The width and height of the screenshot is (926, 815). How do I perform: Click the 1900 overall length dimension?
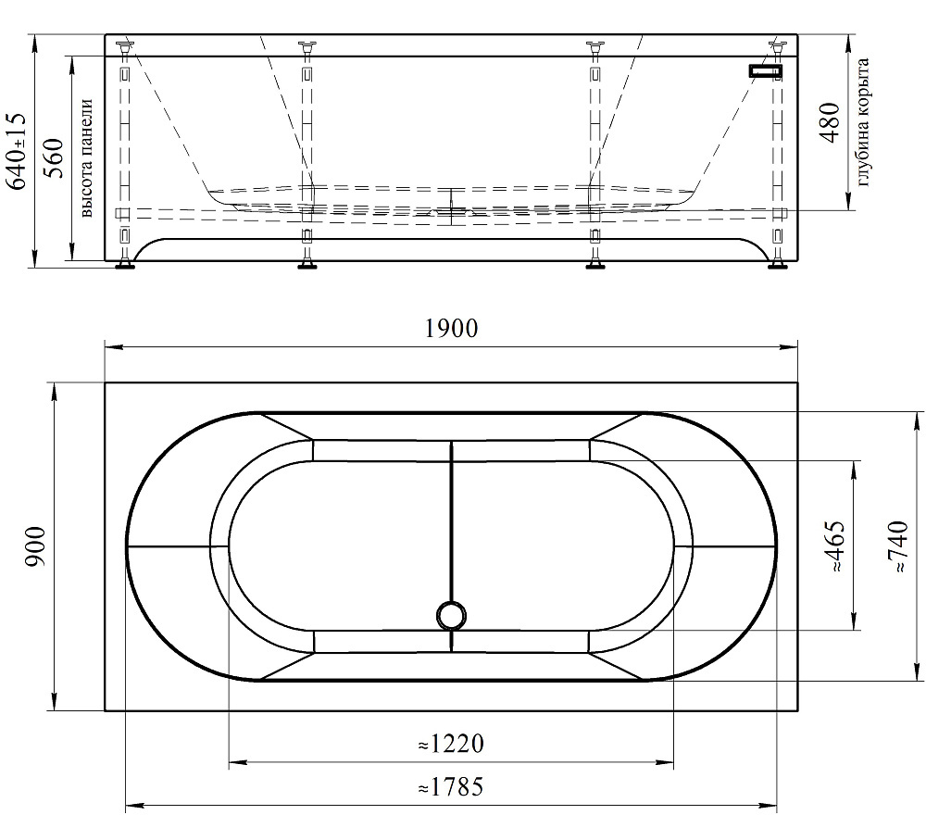[x=451, y=329]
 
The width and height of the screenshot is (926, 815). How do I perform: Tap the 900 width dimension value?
[x=36, y=546]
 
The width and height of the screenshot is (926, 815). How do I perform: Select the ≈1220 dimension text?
[x=451, y=744]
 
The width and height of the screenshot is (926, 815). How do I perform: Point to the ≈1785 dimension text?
[x=451, y=786]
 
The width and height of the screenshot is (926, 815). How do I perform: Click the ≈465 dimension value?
[x=834, y=546]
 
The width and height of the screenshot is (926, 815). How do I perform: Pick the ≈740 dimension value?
[x=896, y=546]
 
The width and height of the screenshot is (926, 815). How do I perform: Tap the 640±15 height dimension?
[x=16, y=151]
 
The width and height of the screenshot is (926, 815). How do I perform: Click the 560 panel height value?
[x=54, y=158]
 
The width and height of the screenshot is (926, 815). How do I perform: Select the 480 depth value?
[x=830, y=123]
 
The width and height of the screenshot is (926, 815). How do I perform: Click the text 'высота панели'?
[x=86, y=158]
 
